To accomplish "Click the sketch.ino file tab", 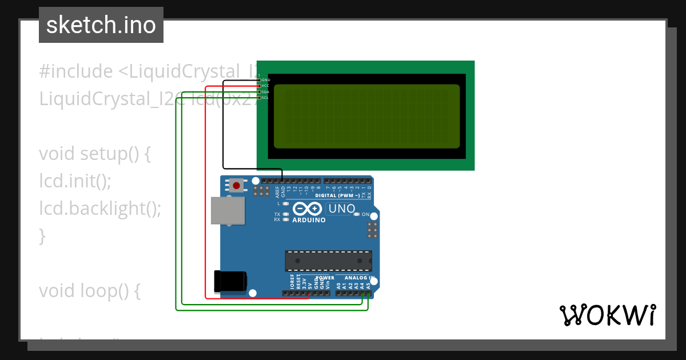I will [x=101, y=25].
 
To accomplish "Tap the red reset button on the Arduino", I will [x=236, y=185].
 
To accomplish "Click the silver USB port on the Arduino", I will [x=227, y=210].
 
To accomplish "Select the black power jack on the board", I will [x=230, y=281].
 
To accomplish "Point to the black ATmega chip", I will [x=329, y=261].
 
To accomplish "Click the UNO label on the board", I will [x=342, y=209].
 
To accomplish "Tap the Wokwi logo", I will [x=607, y=315].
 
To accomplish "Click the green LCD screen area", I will [x=366, y=116].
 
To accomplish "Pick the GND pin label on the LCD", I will [x=266, y=80].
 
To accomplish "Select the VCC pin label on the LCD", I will [x=266, y=86].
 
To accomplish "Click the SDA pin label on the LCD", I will [x=266, y=91].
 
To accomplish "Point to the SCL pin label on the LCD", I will [x=266, y=98].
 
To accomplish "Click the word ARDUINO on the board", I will [x=309, y=220].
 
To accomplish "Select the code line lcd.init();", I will [x=75, y=181].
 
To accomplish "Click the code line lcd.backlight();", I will [x=100, y=208].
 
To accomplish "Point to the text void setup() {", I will [x=94, y=154].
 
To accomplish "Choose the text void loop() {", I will [x=89, y=291].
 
